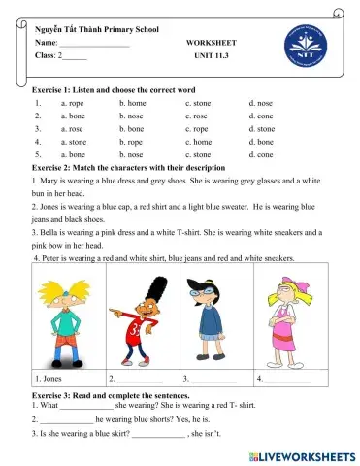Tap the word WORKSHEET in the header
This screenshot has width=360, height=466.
(211, 44)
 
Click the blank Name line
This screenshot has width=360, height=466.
(94, 45)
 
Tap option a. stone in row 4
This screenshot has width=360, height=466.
(73, 140)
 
